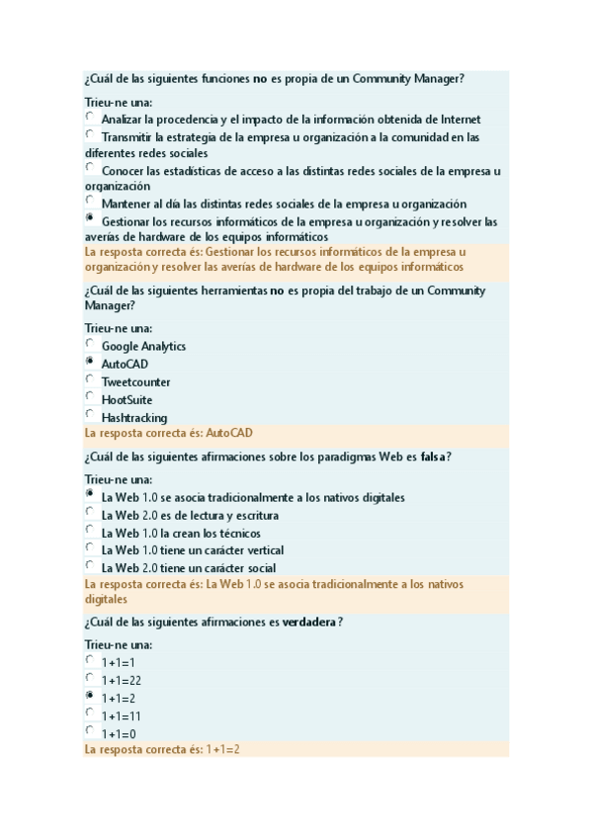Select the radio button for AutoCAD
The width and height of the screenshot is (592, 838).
(90, 362)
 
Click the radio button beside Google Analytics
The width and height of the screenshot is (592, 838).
(90, 344)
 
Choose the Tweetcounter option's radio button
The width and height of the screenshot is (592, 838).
(90, 379)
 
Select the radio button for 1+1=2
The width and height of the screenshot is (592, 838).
(90, 696)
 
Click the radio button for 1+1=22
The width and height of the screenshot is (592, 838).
(90, 678)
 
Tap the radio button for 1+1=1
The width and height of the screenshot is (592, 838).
(90, 660)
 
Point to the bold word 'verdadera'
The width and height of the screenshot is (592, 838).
(309, 623)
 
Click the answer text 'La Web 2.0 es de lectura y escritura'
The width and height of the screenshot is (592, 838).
(190, 515)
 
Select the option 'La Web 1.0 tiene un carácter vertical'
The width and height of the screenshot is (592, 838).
(192, 550)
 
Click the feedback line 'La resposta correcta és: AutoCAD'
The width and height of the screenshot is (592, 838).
(168, 433)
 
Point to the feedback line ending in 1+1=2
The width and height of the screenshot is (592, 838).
(163, 750)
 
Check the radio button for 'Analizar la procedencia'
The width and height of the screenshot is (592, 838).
(90, 117)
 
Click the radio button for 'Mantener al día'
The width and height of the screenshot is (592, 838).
(90, 201)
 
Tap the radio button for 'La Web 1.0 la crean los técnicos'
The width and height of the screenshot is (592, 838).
(90, 531)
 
